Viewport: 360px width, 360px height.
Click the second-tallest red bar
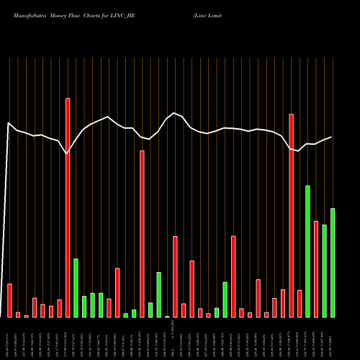[291, 215]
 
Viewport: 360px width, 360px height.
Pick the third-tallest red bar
[142, 233]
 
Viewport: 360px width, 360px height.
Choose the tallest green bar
[307, 251]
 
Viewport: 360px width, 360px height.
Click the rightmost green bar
[333, 263]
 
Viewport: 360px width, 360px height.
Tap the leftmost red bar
[9, 300]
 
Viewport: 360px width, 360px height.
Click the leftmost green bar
[76, 287]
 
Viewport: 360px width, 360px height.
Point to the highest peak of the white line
[175, 112]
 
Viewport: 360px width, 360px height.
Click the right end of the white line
[332, 137]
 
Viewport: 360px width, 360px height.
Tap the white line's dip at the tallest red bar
[67, 154]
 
